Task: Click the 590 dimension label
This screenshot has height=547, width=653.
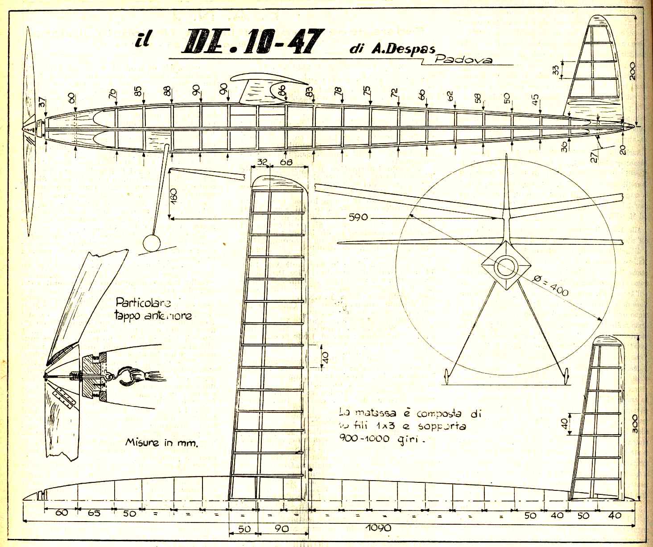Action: [x=358, y=217]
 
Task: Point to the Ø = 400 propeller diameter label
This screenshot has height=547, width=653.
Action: [x=551, y=285]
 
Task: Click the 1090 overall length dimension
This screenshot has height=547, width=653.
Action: [x=378, y=528]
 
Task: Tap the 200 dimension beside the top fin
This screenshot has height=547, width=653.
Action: [x=632, y=70]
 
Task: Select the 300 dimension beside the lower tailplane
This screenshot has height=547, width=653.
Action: [x=635, y=424]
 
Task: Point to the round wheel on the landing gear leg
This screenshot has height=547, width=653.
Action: [x=152, y=243]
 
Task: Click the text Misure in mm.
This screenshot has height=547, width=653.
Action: [x=161, y=443]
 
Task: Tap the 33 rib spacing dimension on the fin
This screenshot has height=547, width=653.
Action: [x=555, y=70]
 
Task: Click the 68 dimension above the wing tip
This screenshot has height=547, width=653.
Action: [x=286, y=162]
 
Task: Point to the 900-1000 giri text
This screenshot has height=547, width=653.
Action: [x=382, y=438]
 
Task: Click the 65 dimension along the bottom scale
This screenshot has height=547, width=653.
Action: [x=94, y=513]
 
